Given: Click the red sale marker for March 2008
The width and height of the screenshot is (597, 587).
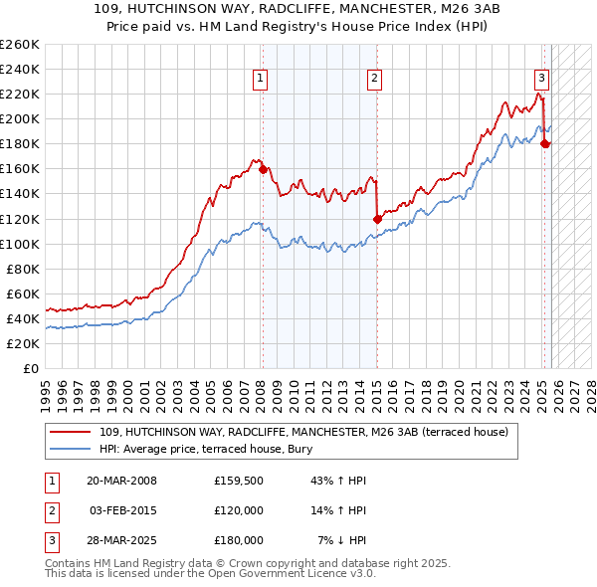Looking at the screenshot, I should (x=263, y=169).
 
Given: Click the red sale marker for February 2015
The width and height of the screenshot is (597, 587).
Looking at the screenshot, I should (x=377, y=219).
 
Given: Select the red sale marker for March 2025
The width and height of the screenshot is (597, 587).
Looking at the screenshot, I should (x=544, y=144).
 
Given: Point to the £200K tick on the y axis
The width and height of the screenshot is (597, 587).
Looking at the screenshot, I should (x=20, y=118).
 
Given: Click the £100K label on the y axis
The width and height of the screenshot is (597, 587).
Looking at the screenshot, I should (x=20, y=244).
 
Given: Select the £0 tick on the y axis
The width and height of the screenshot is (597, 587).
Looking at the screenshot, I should (x=30, y=368).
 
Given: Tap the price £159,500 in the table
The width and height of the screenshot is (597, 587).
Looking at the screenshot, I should (x=238, y=481).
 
